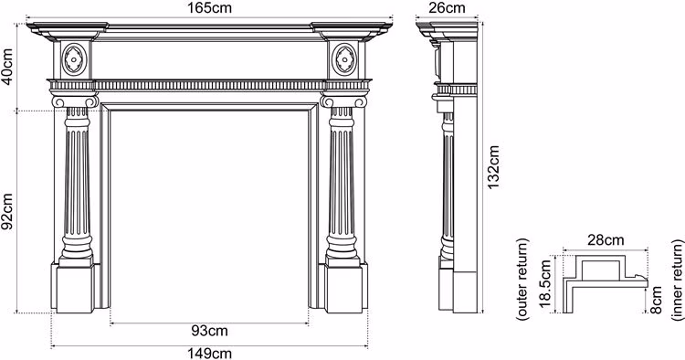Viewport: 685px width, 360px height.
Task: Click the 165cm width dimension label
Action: [x=210, y=7]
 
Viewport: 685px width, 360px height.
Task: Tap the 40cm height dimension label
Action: [x=7, y=67]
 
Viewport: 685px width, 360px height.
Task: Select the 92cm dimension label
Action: [x=7, y=211]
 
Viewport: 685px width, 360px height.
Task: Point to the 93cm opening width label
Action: [x=210, y=331]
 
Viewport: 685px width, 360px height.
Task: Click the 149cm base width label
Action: [x=210, y=353]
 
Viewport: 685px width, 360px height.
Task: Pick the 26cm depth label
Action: [x=447, y=7]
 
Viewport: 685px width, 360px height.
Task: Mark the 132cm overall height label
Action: [x=493, y=167]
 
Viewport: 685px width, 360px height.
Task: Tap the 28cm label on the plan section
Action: [x=606, y=240]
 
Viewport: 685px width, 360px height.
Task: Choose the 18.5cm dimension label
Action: [x=546, y=284]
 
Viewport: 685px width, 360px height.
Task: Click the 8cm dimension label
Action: [x=657, y=300]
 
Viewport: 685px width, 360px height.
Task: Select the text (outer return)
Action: [x=523, y=280]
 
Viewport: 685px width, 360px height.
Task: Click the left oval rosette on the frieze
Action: [x=74, y=59]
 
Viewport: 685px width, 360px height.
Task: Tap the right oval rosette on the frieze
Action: [x=344, y=59]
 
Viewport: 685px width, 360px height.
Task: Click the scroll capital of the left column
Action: [x=75, y=101]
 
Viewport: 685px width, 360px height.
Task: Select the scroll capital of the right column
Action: [x=343, y=101]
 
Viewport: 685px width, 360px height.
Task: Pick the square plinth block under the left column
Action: [x=75, y=289]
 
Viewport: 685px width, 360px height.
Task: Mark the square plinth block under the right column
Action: [x=343, y=289]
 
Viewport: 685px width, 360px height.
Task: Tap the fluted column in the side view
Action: [x=448, y=184]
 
